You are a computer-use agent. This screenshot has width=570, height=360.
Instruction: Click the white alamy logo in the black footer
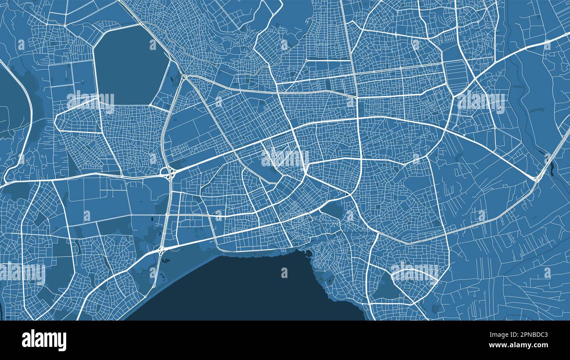[44, 340]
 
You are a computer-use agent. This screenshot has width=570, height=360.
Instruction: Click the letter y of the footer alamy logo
[62, 342]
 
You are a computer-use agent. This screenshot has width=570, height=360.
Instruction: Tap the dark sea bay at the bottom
[246, 289]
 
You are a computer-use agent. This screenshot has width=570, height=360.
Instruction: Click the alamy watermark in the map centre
[285, 158]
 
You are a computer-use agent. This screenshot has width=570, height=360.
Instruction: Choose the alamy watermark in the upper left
[90, 102]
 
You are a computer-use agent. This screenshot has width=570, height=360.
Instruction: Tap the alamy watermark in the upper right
[481, 102]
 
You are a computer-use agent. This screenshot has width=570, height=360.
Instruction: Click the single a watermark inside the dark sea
[284, 273]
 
